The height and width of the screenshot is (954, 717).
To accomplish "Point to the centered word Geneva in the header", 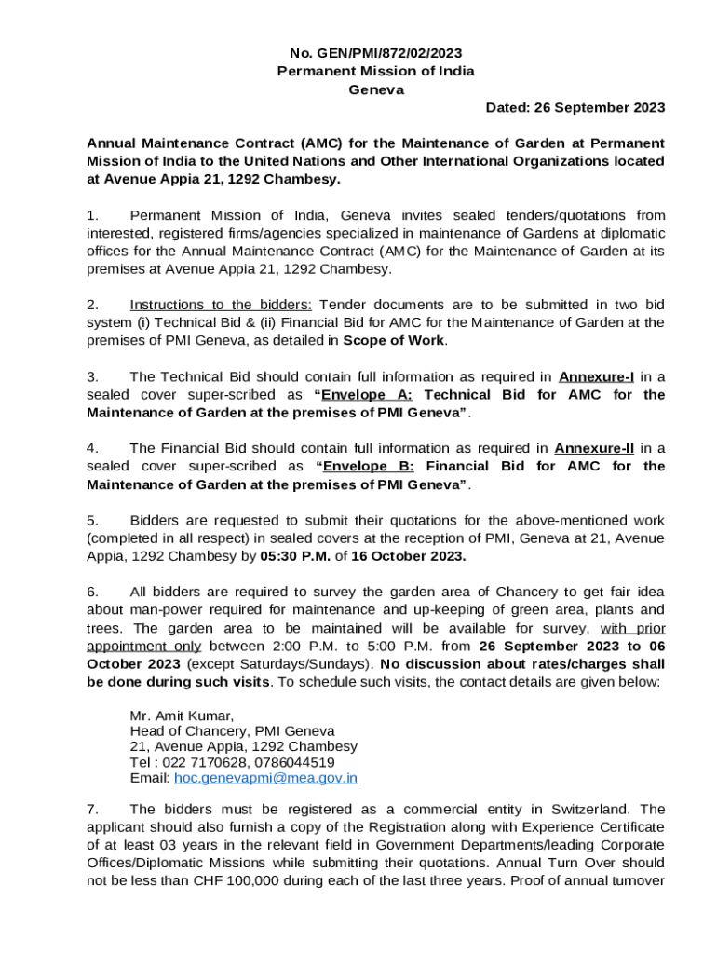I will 376,89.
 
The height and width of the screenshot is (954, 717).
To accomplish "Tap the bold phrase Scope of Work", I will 395,340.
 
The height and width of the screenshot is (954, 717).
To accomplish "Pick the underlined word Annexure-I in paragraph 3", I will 597,376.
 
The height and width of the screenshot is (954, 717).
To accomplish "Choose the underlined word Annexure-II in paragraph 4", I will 594,448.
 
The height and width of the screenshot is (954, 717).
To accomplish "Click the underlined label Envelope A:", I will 366,394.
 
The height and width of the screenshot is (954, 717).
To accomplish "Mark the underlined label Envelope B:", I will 366,466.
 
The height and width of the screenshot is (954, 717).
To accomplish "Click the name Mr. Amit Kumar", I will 182,715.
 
